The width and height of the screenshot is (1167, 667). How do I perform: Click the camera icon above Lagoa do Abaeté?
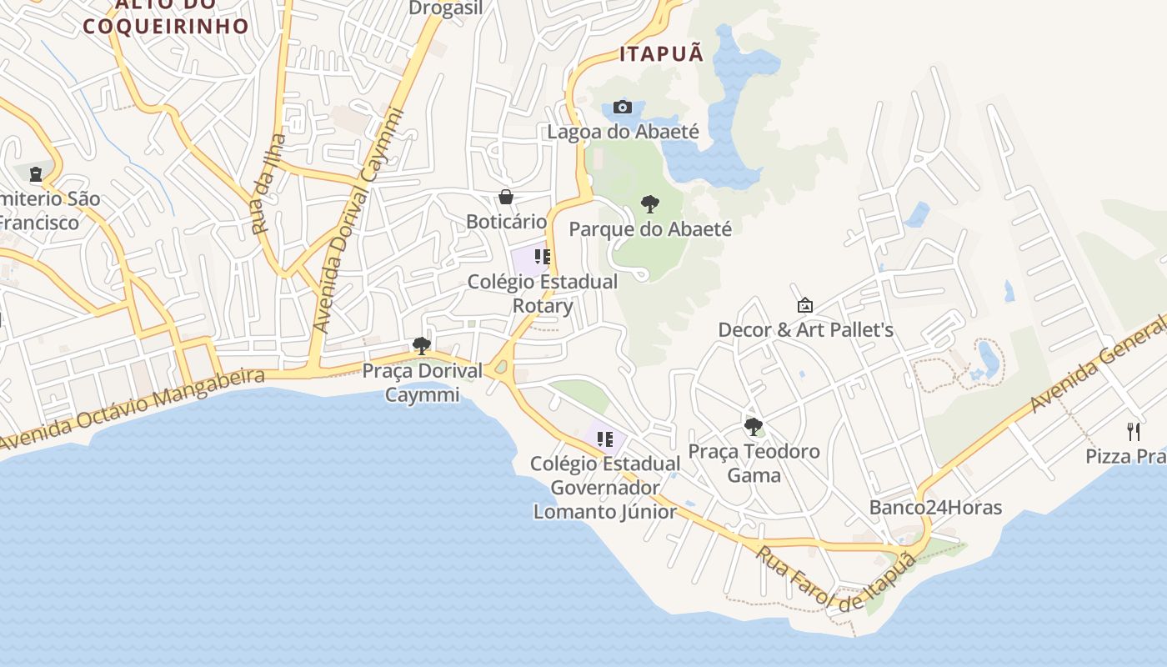(x=622, y=107)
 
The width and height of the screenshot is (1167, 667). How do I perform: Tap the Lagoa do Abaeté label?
(x=623, y=132)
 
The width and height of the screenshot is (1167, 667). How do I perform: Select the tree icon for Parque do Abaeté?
(x=650, y=204)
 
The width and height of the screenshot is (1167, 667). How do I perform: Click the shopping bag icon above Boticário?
(x=506, y=197)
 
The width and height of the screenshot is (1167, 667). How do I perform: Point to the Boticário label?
(x=506, y=222)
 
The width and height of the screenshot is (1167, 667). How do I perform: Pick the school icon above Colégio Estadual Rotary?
(x=543, y=257)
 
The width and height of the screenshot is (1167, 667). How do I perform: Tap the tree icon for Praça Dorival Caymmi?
(x=422, y=346)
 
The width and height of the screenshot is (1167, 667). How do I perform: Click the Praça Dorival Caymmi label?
(x=423, y=383)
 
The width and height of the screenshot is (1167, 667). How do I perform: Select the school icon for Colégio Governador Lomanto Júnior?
(x=605, y=439)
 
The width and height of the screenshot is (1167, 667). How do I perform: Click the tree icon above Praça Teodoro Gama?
(x=754, y=427)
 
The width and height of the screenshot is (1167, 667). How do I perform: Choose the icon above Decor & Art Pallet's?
(x=805, y=305)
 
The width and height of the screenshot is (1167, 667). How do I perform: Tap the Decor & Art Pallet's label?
(x=805, y=330)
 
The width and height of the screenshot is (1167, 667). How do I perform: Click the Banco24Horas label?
(x=935, y=508)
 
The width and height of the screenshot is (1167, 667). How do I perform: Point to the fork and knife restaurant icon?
(x=1133, y=431)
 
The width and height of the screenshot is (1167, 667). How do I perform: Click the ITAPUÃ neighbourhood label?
(x=662, y=54)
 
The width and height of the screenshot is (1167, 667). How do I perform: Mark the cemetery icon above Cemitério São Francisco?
(x=36, y=174)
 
